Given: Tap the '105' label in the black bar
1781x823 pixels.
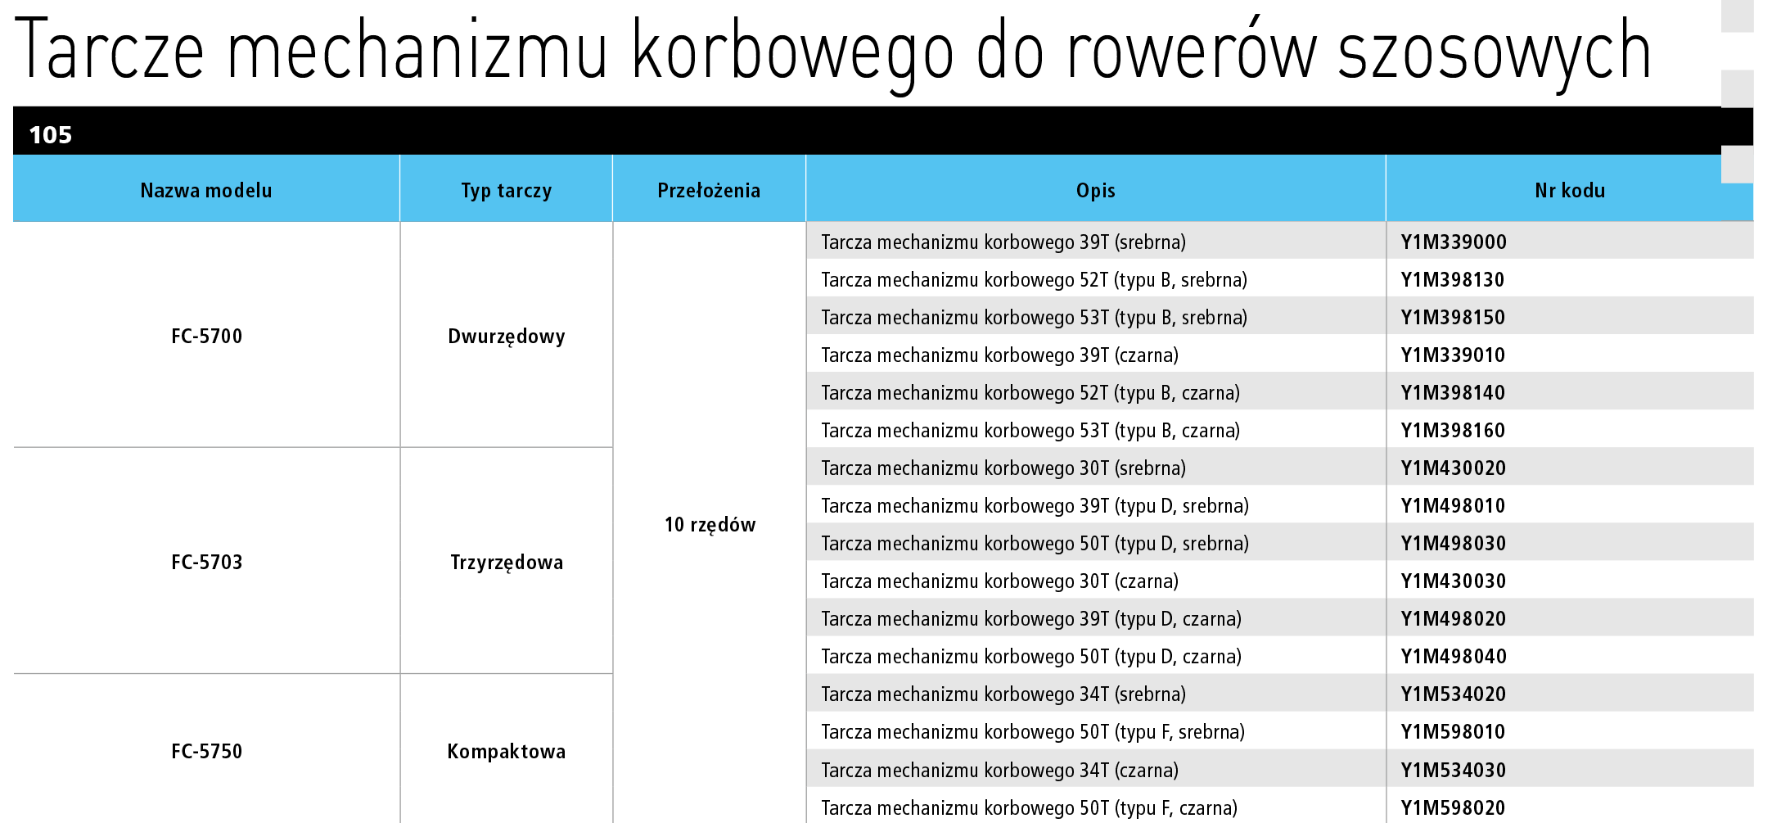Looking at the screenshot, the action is point(51,135).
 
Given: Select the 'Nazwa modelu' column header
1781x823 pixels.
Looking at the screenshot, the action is point(206,191).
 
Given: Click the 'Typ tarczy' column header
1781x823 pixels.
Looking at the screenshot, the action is point(507,191).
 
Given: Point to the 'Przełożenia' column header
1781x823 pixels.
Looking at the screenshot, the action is point(709,191).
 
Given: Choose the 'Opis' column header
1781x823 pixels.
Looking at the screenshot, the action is point(1096,191).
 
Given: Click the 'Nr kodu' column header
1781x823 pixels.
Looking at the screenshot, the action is point(1570,191).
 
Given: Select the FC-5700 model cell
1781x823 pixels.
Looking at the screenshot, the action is point(207,337).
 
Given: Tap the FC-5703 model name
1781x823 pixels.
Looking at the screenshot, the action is point(207,563).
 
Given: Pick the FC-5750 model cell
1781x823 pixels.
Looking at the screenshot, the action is point(207,752).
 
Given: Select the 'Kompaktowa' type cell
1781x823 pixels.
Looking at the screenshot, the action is point(507,752).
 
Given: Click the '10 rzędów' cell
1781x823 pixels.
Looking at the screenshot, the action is point(710,525).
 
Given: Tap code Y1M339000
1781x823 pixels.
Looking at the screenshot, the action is point(1454,242).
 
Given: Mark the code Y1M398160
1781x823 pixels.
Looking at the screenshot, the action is point(1454,431).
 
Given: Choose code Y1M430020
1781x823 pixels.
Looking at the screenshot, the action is point(1454,468).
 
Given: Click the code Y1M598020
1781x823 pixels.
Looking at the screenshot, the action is point(1454,808).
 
